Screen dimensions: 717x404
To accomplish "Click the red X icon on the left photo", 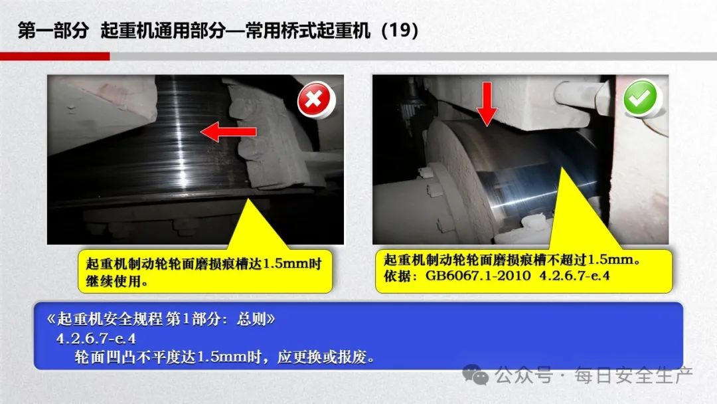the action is (315, 99).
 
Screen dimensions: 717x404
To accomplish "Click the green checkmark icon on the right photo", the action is (640, 98).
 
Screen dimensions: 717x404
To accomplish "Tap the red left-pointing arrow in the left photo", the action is (228, 132).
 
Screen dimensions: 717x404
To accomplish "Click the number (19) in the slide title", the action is (400, 30).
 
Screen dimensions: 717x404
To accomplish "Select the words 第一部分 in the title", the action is (53, 31).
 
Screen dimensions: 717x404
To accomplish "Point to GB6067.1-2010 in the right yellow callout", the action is (478, 276).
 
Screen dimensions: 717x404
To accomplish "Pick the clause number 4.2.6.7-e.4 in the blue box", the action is (96, 339).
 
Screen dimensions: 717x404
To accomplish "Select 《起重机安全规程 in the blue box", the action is (104, 319).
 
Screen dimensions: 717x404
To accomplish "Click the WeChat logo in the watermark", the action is (475, 375).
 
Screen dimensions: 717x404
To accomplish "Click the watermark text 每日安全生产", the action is (634, 375).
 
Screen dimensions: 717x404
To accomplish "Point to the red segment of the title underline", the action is (55, 56).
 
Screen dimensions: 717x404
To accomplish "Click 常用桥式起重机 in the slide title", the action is (307, 31).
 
